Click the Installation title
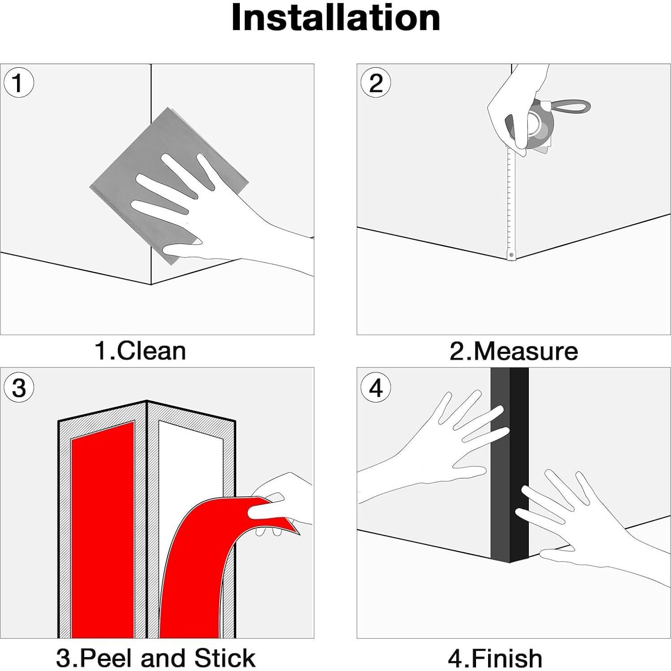pyautogui.click(x=335, y=18)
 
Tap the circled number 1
pyautogui.click(x=18, y=83)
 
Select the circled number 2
pyautogui.click(x=376, y=83)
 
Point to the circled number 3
pyautogui.click(x=18, y=387)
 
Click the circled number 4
pyautogui.click(x=376, y=387)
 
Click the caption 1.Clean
pyautogui.click(x=140, y=351)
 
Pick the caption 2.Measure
pyautogui.click(x=513, y=351)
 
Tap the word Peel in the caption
pyautogui.click(x=107, y=658)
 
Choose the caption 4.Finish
pyautogui.click(x=495, y=658)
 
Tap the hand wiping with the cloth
pyautogui.click(x=215, y=215)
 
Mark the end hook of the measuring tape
pyautogui.click(x=511, y=255)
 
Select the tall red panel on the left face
pyautogui.click(x=103, y=529)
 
